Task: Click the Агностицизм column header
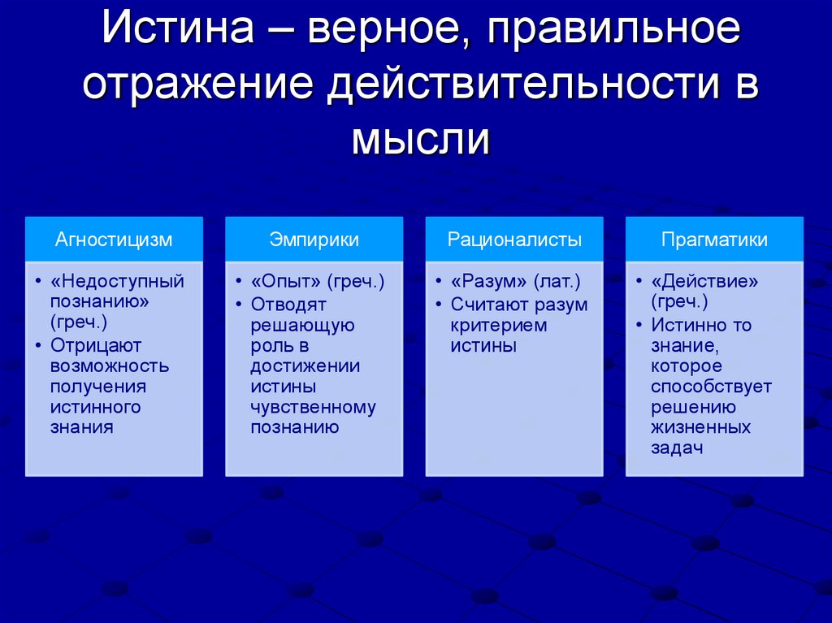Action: click(x=114, y=240)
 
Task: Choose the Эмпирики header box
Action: click(x=314, y=240)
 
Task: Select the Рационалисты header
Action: click(x=514, y=240)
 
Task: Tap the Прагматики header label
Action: click(x=714, y=240)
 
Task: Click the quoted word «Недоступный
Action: click(x=117, y=282)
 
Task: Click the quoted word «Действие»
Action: click(x=704, y=282)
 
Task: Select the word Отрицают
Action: click(x=96, y=345)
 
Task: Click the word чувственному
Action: click(x=313, y=408)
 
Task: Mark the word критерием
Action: click(x=499, y=325)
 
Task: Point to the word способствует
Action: click(x=711, y=387)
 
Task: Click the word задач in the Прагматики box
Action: click(x=676, y=448)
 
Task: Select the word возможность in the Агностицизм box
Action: click(x=110, y=366)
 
